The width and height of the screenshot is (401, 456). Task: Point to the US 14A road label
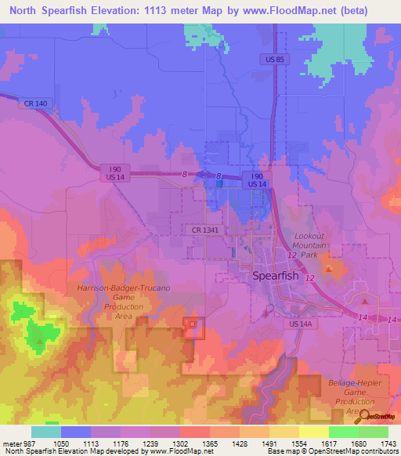(x=300, y=323)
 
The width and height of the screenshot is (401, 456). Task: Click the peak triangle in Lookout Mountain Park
(x=329, y=270)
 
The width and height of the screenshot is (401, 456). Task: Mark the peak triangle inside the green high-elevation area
(x=39, y=342)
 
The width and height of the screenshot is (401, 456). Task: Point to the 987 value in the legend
(x=20, y=443)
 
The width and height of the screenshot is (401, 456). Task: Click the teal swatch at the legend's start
(x=45, y=432)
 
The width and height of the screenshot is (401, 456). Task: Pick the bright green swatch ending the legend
(x=373, y=432)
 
